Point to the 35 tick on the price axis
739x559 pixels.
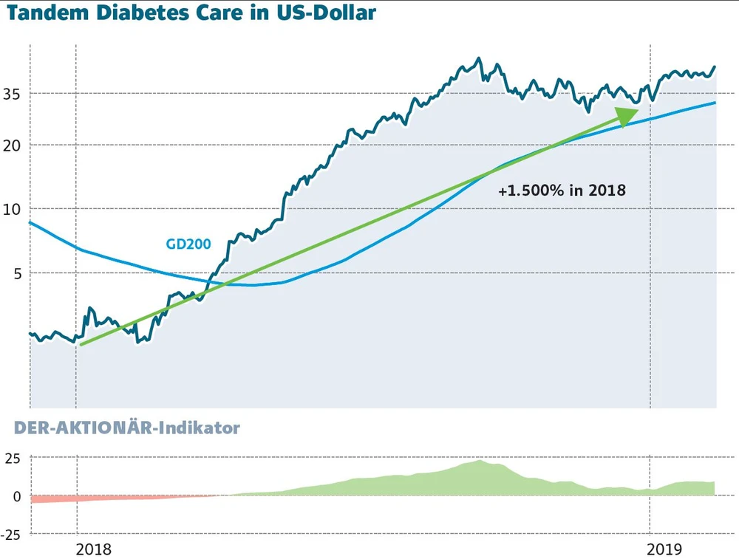tap(12, 94)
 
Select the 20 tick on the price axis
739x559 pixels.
tap(12, 145)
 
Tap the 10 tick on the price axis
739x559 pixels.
tap(12, 209)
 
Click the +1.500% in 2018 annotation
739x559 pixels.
tap(562, 191)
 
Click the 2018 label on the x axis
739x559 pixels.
tap(93, 549)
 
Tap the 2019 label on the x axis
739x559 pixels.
tap(664, 549)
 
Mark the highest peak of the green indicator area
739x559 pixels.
tap(480, 462)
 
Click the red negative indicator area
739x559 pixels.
tap(59, 498)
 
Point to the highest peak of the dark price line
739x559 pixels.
tap(479, 58)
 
